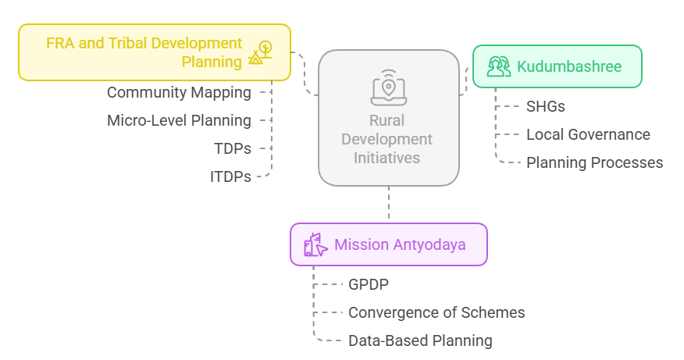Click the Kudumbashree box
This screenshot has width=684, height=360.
click(558, 66)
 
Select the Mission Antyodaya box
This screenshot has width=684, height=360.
click(389, 244)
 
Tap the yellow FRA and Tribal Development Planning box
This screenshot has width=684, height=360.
click(155, 52)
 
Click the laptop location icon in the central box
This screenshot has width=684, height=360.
click(388, 87)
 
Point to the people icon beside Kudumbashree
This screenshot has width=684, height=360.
click(498, 66)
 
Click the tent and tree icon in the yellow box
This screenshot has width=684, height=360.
click(261, 52)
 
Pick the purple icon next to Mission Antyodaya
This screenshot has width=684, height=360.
click(315, 244)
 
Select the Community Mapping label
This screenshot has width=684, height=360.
click(179, 93)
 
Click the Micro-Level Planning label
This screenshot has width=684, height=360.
click(179, 121)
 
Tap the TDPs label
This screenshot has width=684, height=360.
click(232, 148)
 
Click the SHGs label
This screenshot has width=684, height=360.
click(546, 106)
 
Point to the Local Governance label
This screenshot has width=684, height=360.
click(588, 134)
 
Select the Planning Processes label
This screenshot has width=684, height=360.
click(594, 162)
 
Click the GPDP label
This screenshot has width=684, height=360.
click(369, 284)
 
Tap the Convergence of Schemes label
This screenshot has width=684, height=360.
click(436, 312)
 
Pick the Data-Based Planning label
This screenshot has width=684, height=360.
click(420, 340)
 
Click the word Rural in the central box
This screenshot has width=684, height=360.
click(388, 121)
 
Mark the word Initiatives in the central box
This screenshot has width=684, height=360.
click(388, 158)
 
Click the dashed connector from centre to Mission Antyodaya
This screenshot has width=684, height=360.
click(388, 205)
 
